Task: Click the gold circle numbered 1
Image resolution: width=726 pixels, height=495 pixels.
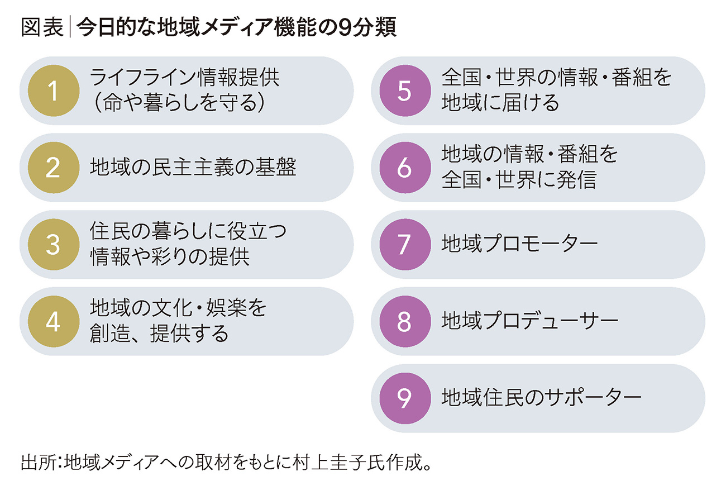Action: point(53,91)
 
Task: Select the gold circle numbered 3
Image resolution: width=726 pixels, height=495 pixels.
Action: point(53,245)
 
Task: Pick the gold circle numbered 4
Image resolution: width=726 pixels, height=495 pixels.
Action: point(53,322)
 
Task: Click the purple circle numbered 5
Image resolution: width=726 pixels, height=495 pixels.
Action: point(404,91)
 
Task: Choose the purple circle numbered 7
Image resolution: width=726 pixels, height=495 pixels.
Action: point(404,245)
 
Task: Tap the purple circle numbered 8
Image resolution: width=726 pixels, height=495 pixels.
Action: point(404,322)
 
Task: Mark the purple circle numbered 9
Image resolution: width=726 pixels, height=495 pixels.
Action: point(404,398)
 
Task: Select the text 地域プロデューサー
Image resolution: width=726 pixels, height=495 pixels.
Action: point(529,322)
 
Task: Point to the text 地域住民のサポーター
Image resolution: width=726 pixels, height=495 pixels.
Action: point(540,398)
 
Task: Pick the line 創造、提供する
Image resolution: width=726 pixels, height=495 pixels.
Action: point(159,334)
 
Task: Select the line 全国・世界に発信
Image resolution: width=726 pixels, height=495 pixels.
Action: point(518,180)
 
